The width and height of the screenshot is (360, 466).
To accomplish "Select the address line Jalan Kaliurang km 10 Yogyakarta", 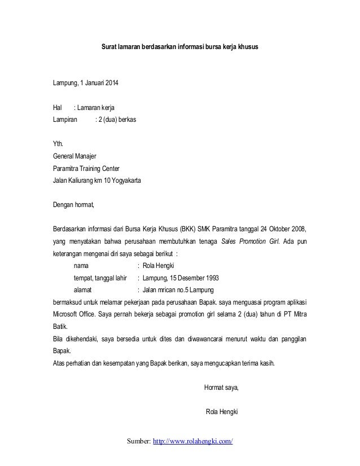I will pyautogui.click(x=98, y=181).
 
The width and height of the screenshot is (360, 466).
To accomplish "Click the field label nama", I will pyautogui.click(x=81, y=266).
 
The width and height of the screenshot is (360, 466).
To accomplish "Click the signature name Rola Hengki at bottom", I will pyautogui.click(x=224, y=412).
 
